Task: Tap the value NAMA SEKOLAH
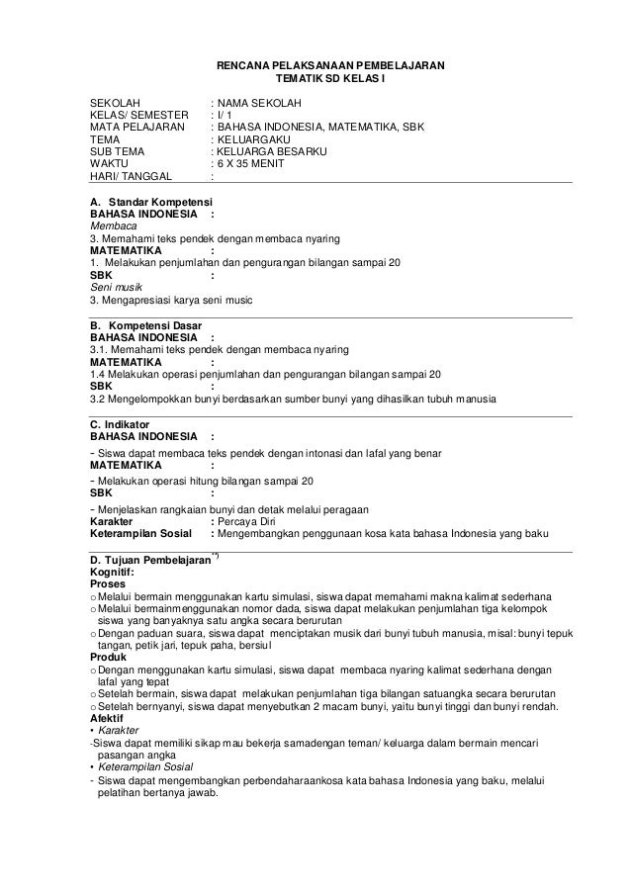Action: point(259,103)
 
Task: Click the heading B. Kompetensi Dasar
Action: point(145,325)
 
